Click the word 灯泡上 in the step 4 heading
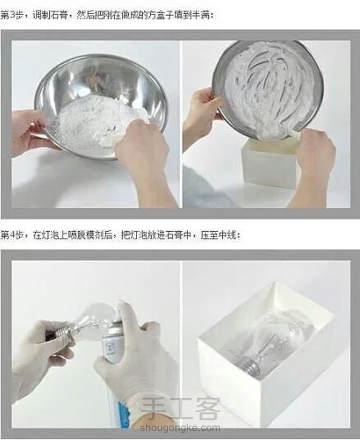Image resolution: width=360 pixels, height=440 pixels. tap(54, 235)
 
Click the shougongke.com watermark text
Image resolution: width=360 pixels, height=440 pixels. tap(180, 428)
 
